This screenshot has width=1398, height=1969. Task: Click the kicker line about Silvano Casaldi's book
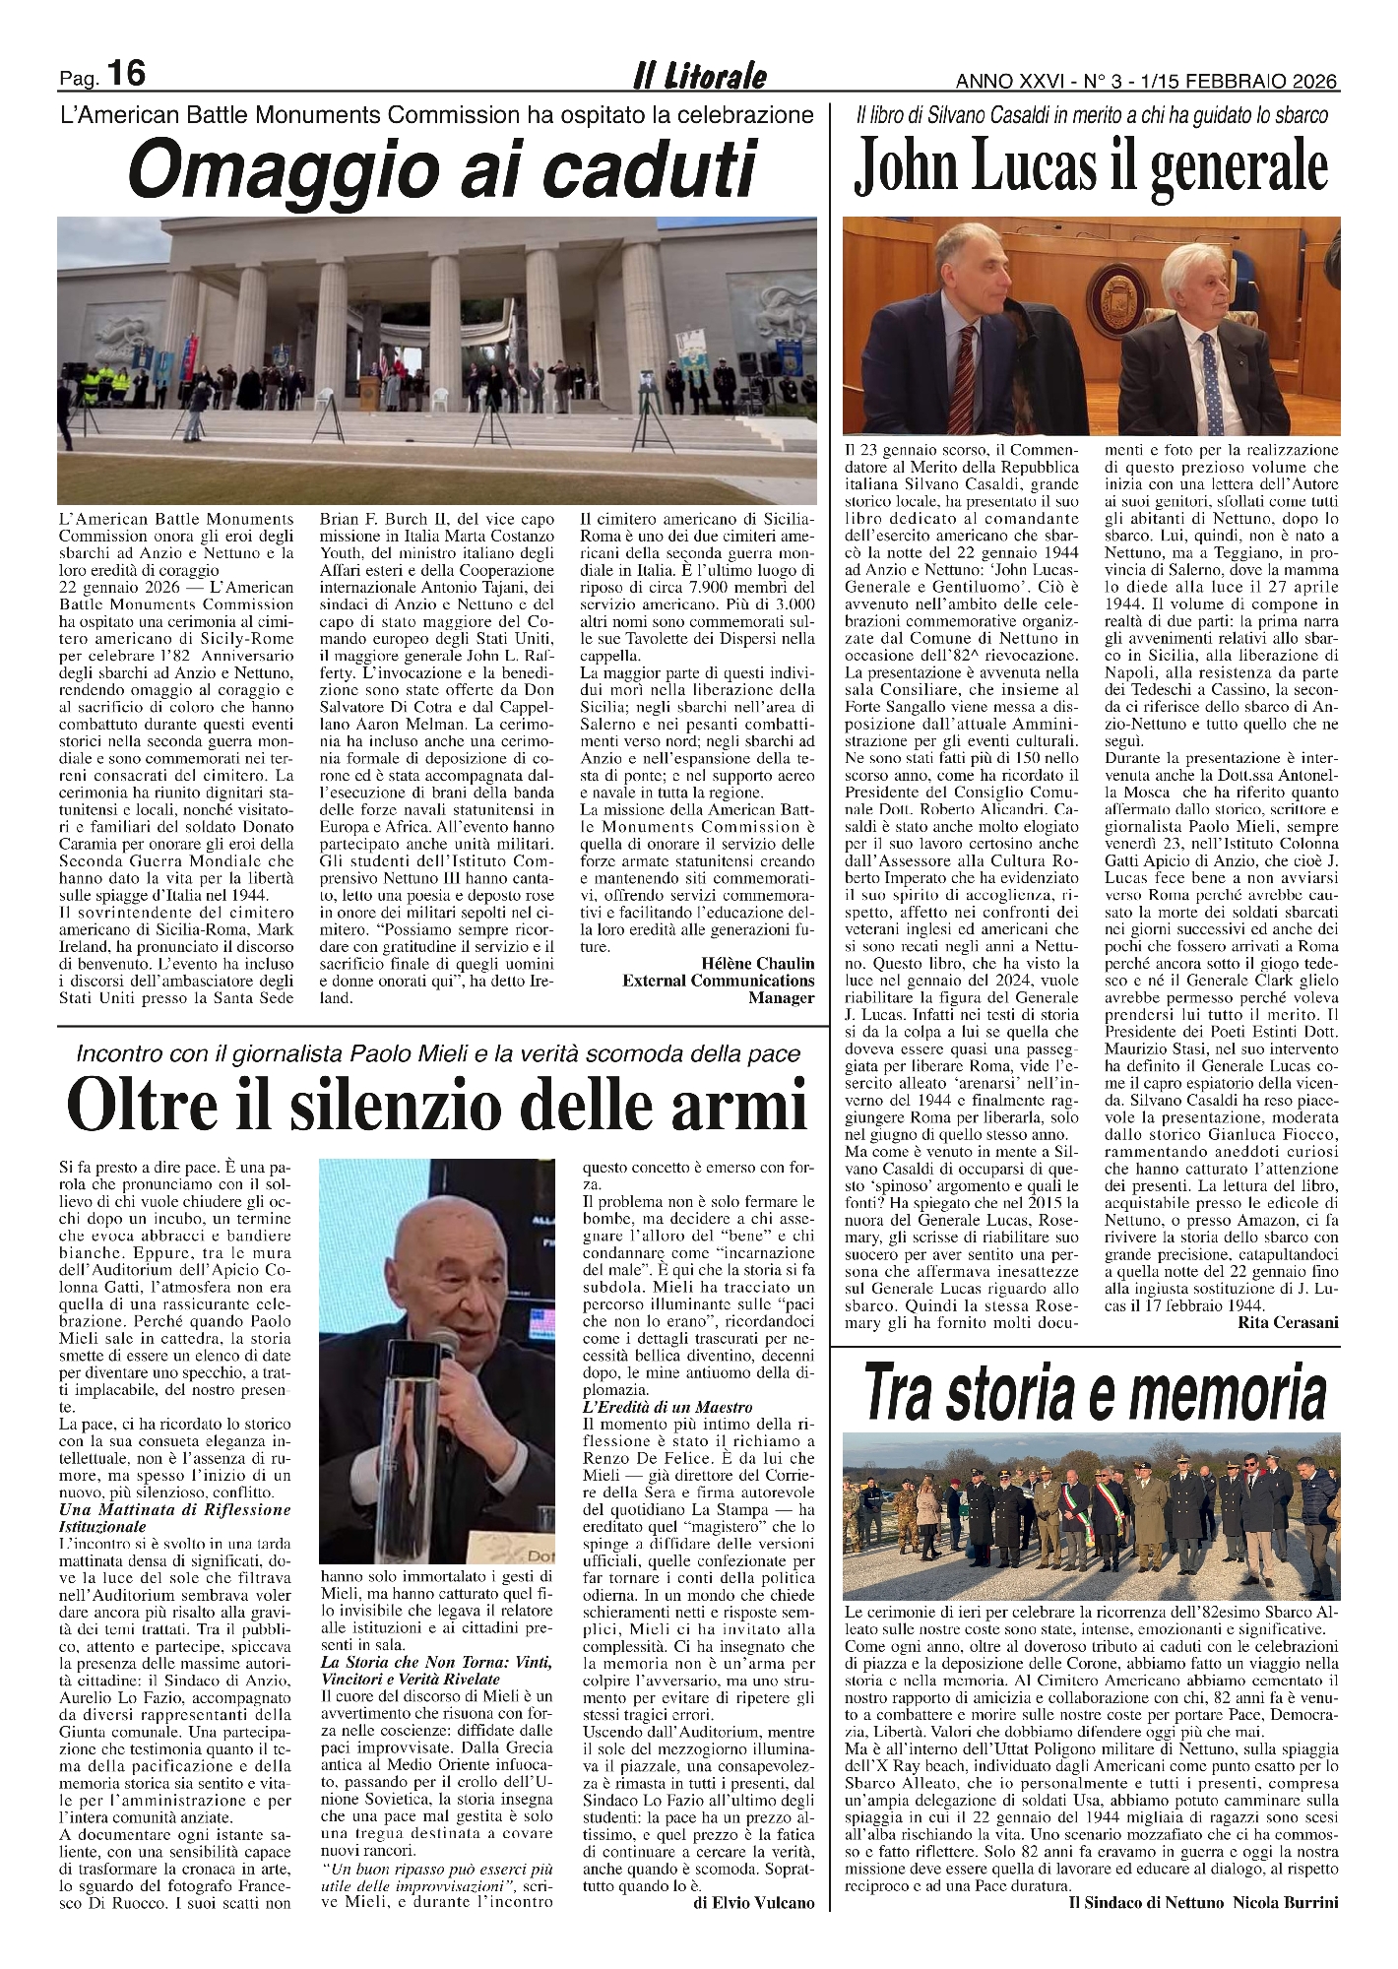(x=1090, y=116)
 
